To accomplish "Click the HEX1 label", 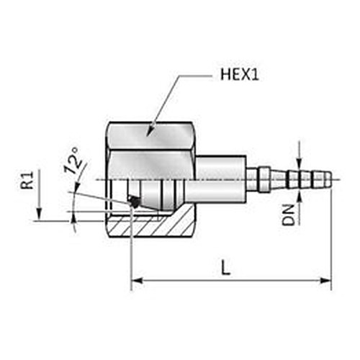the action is pos(240,75).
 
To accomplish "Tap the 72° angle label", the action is pos(72,161).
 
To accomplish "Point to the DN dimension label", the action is pos(289,215).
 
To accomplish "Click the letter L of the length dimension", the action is pos(225,268).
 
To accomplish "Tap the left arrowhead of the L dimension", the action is pos(137,280).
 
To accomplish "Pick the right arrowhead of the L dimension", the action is pos(325,280).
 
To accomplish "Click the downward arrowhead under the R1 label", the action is pos(40,215).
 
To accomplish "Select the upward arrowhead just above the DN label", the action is pos(299,198).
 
